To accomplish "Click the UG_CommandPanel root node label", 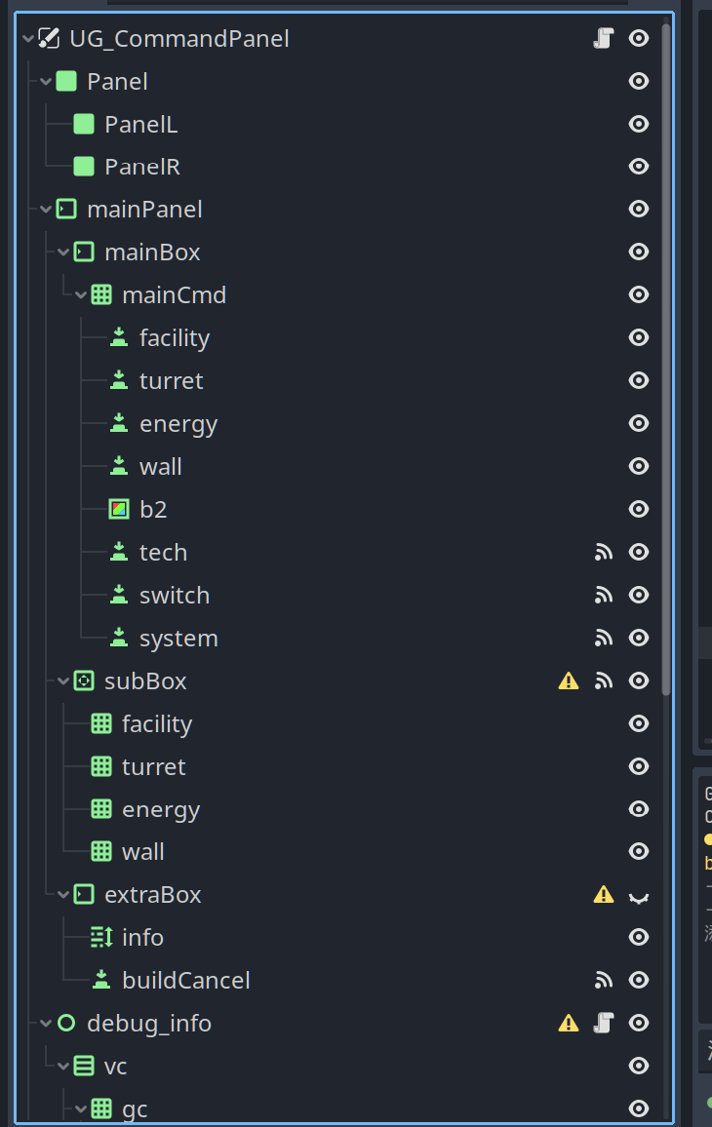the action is point(179,39).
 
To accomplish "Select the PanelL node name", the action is point(140,124).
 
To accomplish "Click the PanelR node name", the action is point(141,167).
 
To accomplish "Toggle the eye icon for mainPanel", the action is point(639,209).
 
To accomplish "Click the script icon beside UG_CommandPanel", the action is point(603,39).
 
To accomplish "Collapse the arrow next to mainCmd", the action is point(81,294).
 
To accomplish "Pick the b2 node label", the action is point(153,509).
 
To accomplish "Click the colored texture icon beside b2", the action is point(119,509).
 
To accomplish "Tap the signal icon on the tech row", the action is point(604,552).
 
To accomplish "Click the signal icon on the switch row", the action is point(604,595).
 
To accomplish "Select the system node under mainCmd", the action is point(178,638).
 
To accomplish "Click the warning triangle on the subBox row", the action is point(569,681).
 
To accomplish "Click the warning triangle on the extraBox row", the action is point(604,895).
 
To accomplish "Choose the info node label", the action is point(142,937).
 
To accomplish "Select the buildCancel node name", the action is point(185,980).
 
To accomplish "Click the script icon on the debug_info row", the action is point(604,1023).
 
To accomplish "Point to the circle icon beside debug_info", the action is point(66,1023).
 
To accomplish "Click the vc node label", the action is point(115,1066).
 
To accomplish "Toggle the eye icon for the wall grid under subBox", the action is point(639,851).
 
